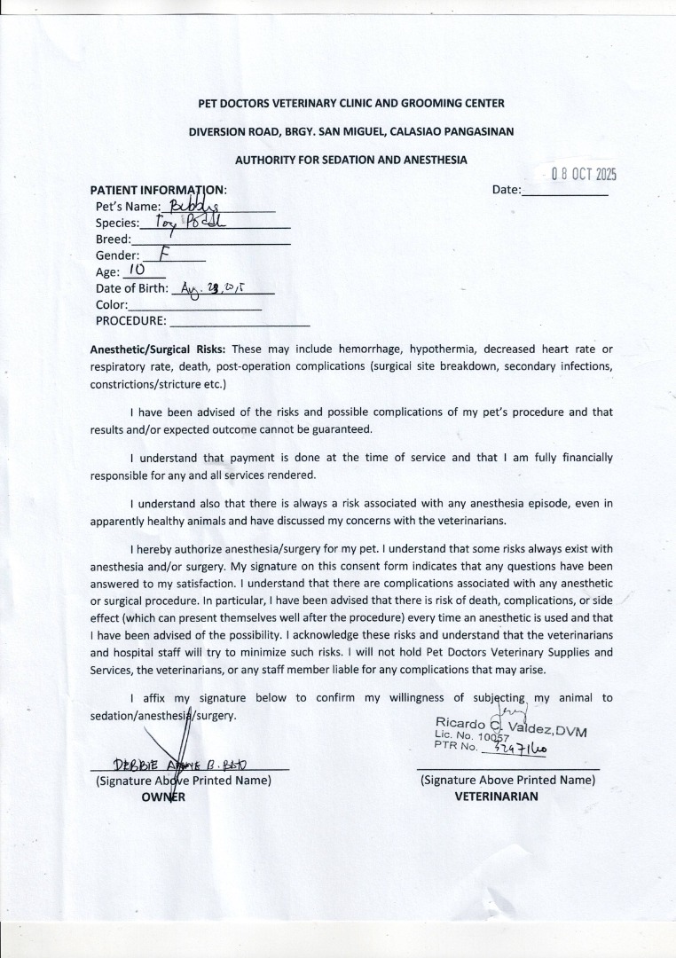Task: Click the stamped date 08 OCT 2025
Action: coord(583,174)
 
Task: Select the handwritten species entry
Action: coord(191,223)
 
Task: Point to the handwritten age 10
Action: coord(136,271)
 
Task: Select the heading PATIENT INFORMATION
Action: coord(159,190)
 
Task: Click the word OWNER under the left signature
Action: coord(163,797)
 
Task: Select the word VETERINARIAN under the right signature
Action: coord(496,797)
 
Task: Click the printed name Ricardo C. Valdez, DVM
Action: coord(511,726)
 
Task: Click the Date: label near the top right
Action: coord(506,190)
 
